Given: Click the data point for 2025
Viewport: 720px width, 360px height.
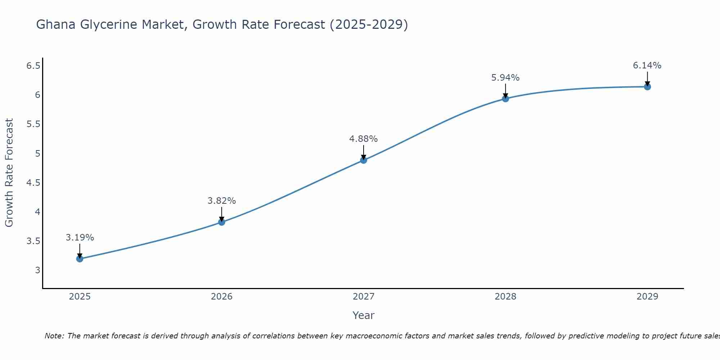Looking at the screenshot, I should pyautogui.click(x=80, y=259).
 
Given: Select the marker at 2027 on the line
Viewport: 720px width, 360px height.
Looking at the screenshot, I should pyautogui.click(x=364, y=160).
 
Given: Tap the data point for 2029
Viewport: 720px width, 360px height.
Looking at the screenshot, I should pyautogui.click(x=647, y=87).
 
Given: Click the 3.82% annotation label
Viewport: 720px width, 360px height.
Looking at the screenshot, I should pyautogui.click(x=222, y=201).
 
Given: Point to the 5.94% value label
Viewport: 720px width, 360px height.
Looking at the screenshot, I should pyautogui.click(x=505, y=78).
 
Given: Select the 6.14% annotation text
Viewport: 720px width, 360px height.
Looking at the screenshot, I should pyautogui.click(x=647, y=66).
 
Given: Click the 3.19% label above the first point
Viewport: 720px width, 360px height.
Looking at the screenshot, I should pyautogui.click(x=80, y=238).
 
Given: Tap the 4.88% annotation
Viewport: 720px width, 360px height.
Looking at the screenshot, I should pyautogui.click(x=364, y=139).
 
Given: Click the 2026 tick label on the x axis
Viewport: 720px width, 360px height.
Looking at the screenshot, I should pyautogui.click(x=222, y=297).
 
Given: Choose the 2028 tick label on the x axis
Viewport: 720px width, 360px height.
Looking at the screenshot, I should pyautogui.click(x=505, y=297).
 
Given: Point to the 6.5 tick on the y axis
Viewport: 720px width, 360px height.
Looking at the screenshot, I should pyautogui.click(x=33, y=66).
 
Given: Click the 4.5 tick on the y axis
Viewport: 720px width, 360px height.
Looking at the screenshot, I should pyautogui.click(x=33, y=183).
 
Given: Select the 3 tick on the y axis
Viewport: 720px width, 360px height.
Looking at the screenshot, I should pyautogui.click(x=38, y=270).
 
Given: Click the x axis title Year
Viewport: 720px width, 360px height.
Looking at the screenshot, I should pyautogui.click(x=364, y=315).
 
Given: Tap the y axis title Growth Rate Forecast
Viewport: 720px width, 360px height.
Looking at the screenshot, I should pyautogui.click(x=9, y=173).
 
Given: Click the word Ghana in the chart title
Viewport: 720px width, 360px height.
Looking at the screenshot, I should pyautogui.click(x=56, y=25).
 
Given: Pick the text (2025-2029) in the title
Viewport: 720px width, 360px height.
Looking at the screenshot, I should pyautogui.click(x=369, y=25).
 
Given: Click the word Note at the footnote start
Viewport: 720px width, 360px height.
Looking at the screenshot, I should pyautogui.click(x=54, y=336).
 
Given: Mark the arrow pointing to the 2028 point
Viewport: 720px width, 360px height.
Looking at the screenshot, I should pyautogui.click(x=505, y=91).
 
